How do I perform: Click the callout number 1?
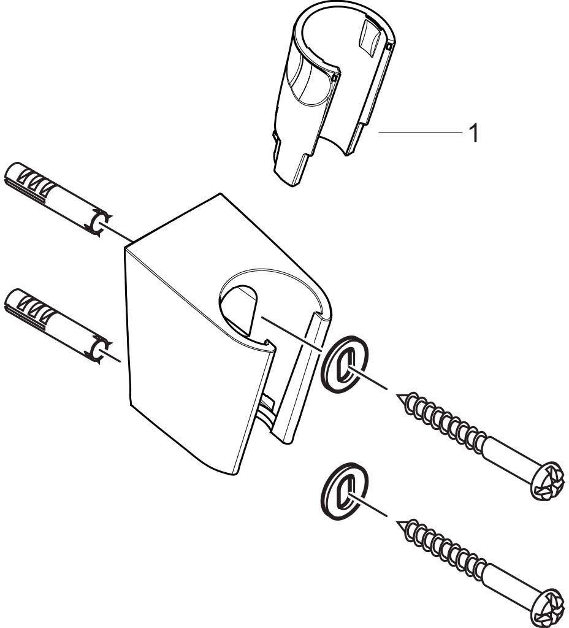point(474,133)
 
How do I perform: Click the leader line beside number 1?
point(420,132)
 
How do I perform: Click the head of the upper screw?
point(548,481)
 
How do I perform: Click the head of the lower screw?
point(548,607)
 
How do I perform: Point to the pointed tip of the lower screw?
point(398,523)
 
